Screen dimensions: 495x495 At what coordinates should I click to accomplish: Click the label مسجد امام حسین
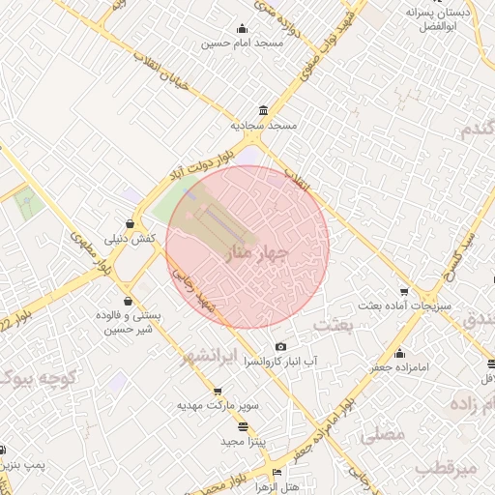point(242,44)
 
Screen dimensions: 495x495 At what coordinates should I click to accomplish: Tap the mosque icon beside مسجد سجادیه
point(265,109)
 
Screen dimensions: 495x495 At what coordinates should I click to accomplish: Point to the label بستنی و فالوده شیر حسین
point(128,323)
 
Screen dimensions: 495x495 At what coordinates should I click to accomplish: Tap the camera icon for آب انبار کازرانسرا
point(281,346)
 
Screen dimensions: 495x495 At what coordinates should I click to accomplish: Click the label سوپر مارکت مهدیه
point(218,405)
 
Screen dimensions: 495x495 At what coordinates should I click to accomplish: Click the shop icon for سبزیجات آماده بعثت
point(404,291)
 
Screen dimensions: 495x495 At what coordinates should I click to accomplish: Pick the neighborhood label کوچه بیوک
point(44,378)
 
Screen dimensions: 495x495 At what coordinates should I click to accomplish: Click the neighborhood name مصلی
point(381,435)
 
